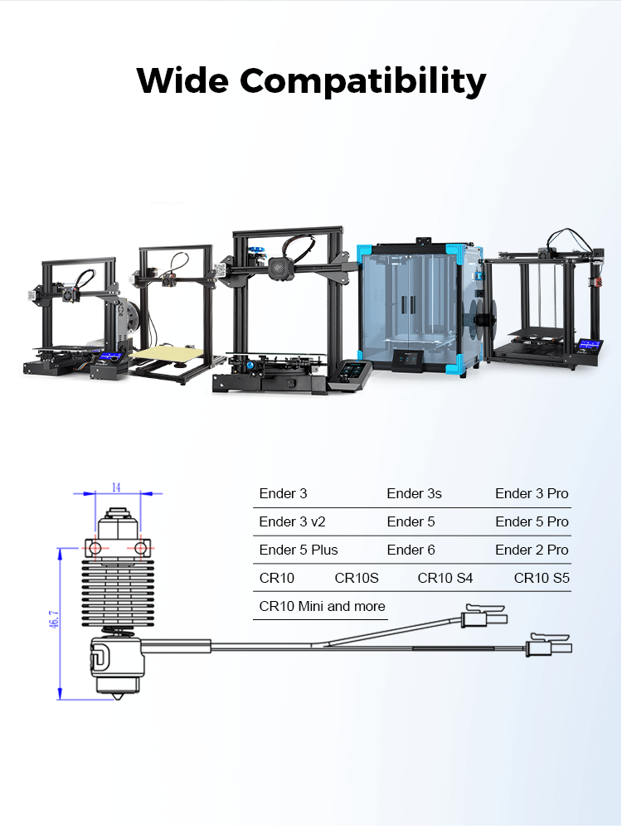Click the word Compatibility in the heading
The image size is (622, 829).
363,81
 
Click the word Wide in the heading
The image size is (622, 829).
182,80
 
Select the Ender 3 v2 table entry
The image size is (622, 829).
292,521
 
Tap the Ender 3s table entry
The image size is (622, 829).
414,493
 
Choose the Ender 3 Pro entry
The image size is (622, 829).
532,493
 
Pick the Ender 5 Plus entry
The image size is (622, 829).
299,550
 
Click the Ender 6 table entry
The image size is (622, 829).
411,550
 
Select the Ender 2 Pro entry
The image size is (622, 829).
532,550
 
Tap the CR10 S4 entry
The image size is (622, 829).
445,578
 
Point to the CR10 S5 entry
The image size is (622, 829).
542,578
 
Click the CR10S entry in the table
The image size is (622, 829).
357,578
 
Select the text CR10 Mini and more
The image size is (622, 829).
322,606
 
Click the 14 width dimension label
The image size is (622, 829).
116,487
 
